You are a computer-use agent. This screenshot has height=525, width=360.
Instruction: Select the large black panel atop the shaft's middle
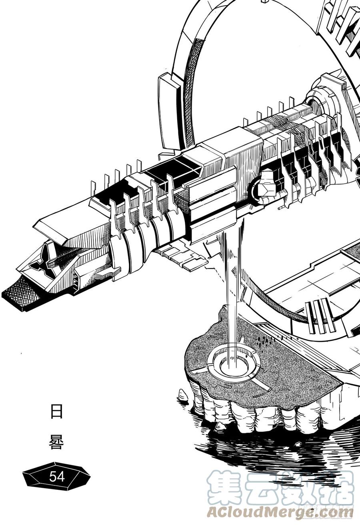coord(174,169)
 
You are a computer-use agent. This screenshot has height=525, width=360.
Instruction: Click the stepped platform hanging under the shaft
coord(180,256)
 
